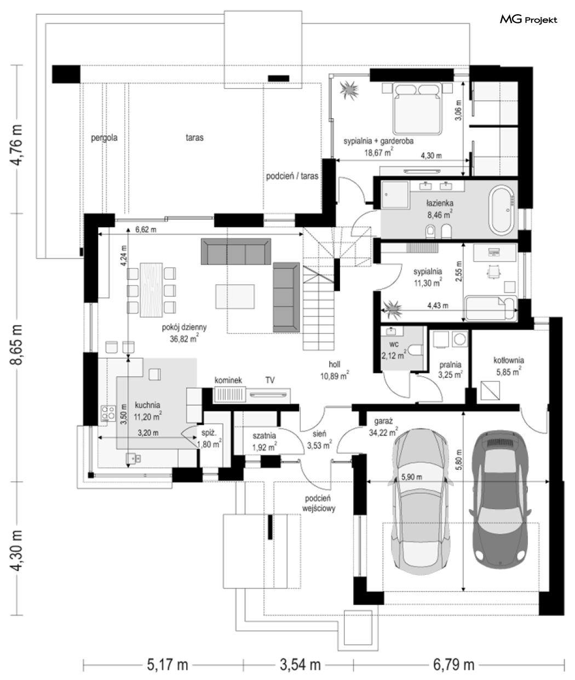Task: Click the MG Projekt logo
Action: [528, 20]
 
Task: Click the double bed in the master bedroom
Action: [418, 108]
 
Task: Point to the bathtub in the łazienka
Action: [502, 211]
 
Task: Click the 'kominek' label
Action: [228, 381]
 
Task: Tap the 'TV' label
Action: [270, 381]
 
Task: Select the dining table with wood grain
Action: [151, 290]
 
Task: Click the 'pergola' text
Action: [104, 138]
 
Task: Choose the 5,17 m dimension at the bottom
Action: [167, 665]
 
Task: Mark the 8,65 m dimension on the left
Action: [16, 344]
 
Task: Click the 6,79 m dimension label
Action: [454, 665]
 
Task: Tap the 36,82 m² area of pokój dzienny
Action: [184, 338]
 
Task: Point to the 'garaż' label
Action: [383, 422]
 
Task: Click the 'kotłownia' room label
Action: [509, 360]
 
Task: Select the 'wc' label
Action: [394, 344]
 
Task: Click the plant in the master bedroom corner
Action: [349, 90]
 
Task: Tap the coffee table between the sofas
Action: [235, 296]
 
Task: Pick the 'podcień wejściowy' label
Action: [319, 503]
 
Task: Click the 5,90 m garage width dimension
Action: [411, 477]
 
